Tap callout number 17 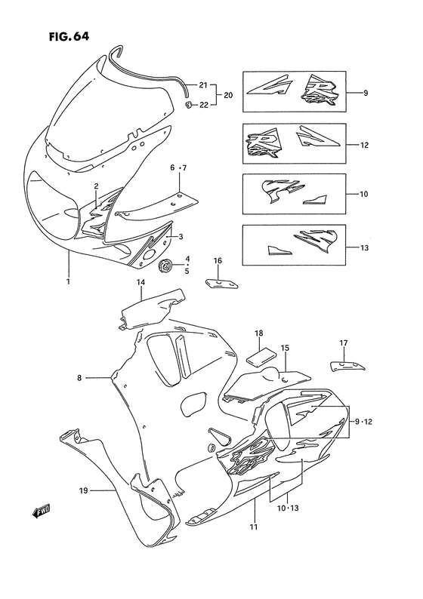[343, 343]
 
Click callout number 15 [286, 348]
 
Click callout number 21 [202, 84]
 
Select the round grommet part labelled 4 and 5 [165, 265]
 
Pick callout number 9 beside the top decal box [365, 94]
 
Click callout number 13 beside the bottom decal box [365, 246]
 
